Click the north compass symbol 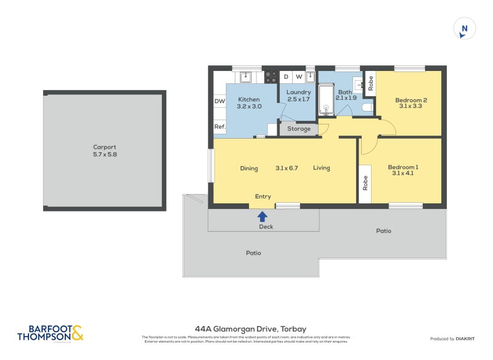click(x=465, y=29)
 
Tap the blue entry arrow click(x=263, y=216)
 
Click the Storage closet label click(x=299, y=129)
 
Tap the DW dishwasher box click(x=219, y=101)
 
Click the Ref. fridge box click(x=219, y=126)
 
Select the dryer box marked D click(x=286, y=77)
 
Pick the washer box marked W click(x=299, y=77)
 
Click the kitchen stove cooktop click(x=271, y=77)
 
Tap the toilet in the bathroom click(x=367, y=108)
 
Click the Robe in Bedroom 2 click(x=370, y=83)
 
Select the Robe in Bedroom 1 click(x=365, y=182)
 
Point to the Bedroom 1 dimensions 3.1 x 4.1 click(x=403, y=173)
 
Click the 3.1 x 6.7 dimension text click(x=287, y=168)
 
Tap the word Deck click(x=266, y=226)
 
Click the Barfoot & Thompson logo click(x=50, y=333)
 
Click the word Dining click(x=249, y=168)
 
